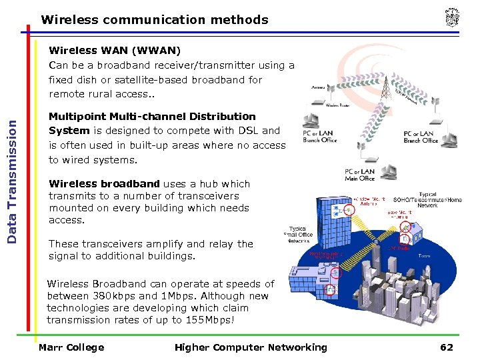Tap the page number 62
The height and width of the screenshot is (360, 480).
[x=446, y=347]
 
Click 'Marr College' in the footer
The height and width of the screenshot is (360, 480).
[x=71, y=347]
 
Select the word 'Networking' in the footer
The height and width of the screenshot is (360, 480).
[x=297, y=347]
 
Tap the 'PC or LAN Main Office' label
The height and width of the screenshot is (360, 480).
[x=359, y=175]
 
